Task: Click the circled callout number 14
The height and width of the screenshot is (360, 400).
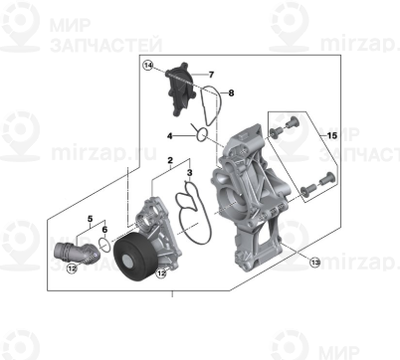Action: pyautogui.click(x=148, y=67)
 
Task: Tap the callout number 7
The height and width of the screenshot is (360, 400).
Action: pyautogui.click(x=210, y=74)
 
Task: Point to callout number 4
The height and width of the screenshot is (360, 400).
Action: pyautogui.click(x=169, y=134)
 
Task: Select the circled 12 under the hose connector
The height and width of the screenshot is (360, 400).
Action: pyautogui.click(x=72, y=268)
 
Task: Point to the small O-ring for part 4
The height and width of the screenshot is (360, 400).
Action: pyautogui.click(x=201, y=132)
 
